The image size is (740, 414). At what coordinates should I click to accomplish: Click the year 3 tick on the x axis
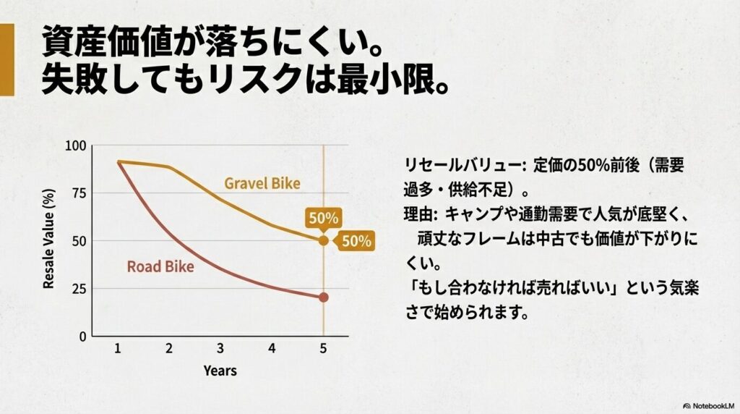click(x=220, y=348)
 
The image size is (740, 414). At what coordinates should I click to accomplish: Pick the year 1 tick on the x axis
click(x=117, y=348)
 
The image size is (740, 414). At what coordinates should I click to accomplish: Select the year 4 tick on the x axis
click(x=272, y=348)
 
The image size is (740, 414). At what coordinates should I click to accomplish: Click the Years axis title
click(x=220, y=371)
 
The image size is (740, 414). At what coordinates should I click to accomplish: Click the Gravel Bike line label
click(x=262, y=183)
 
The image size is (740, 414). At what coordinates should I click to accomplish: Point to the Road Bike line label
click(x=160, y=266)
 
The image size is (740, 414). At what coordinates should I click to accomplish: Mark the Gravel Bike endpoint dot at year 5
click(x=323, y=240)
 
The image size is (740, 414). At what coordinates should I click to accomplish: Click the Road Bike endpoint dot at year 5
click(x=323, y=297)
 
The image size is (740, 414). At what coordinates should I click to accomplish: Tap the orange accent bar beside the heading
click(x=7, y=59)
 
